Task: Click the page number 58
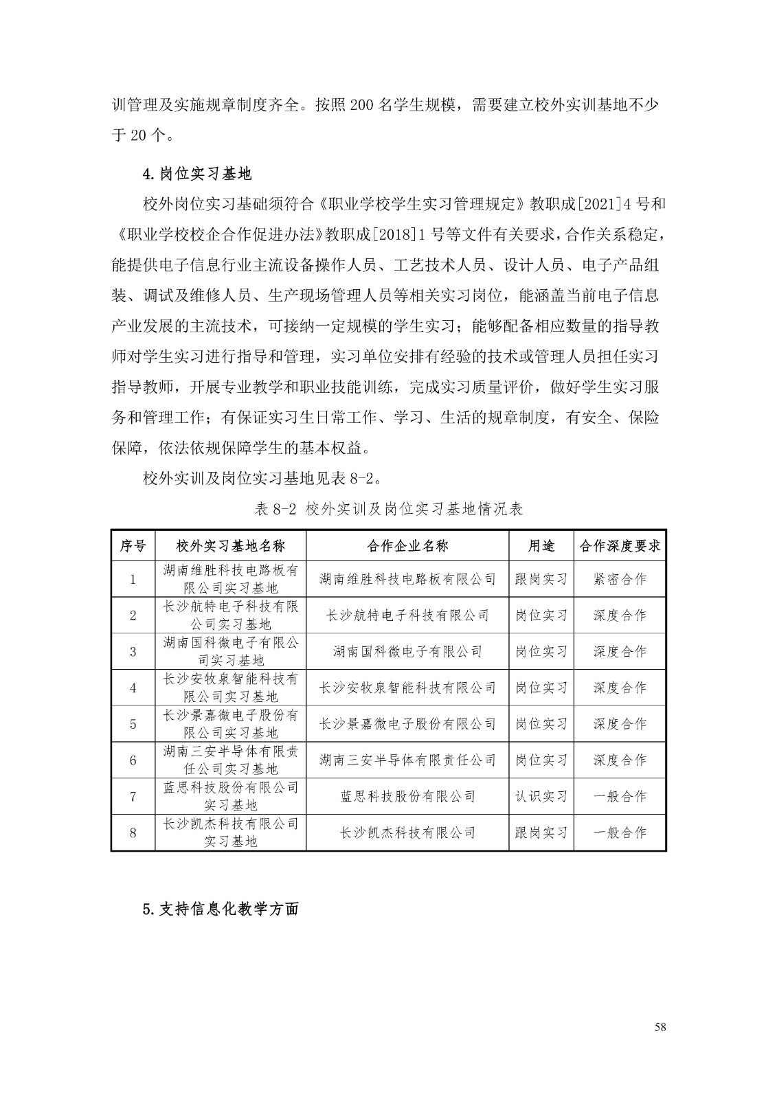coord(660,1027)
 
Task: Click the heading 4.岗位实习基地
coord(196,174)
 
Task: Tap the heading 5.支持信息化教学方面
coord(221,909)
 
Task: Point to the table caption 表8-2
coord(389,509)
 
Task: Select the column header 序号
coord(133,546)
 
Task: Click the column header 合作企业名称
coord(407,546)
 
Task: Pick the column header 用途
coord(541,546)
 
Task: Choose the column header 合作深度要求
coord(620,546)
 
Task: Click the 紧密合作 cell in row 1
coord(620,579)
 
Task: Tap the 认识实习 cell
coord(541,797)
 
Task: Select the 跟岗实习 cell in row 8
coord(541,832)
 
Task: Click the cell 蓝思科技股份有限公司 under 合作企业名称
coord(407,797)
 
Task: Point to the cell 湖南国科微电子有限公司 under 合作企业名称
coord(407,651)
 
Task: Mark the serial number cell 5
coord(133,724)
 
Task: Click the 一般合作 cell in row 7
coord(620,797)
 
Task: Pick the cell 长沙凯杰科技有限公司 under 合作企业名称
coord(407,832)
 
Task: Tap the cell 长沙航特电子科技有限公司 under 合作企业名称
coord(407,615)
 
